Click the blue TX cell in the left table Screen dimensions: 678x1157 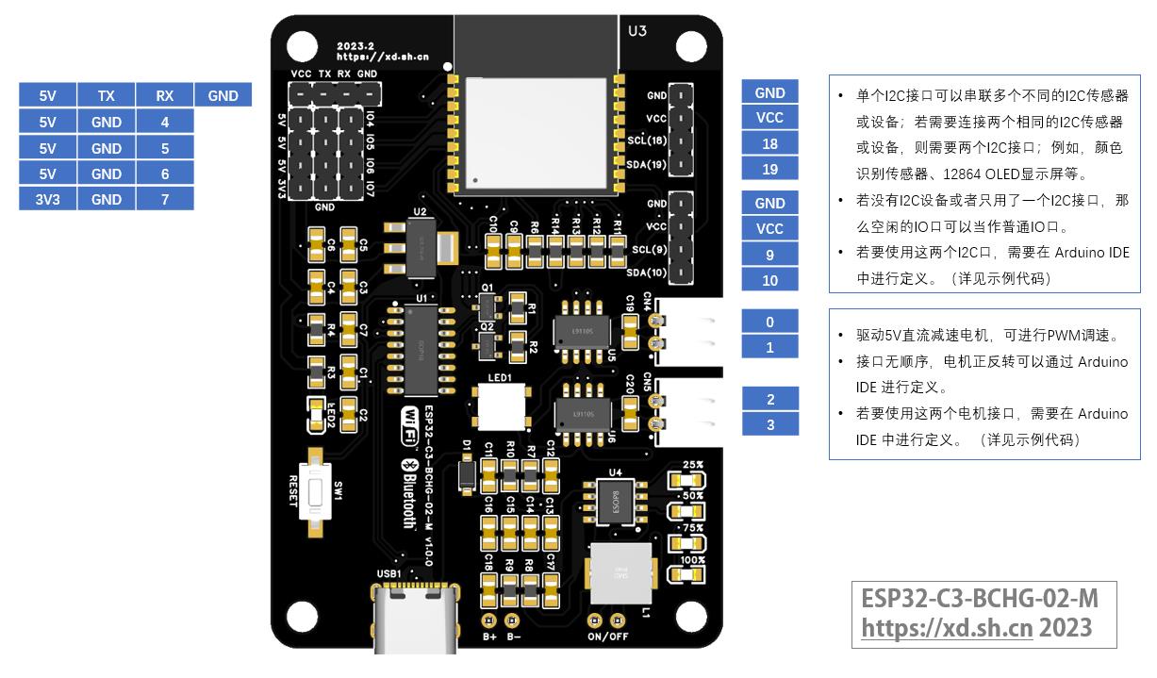pos(107,95)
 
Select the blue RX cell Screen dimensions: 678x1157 pos(165,95)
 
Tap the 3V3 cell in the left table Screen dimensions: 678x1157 pos(48,199)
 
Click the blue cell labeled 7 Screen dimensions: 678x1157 pos(165,199)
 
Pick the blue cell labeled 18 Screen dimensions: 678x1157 pos(770,143)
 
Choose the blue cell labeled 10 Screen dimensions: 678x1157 pos(770,280)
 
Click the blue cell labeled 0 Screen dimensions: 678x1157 pos(770,322)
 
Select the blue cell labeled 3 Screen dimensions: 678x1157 pos(770,424)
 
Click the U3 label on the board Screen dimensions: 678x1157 pos(637,31)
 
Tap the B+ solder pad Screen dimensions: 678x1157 pos(489,621)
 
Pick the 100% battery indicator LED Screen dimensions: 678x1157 pos(692,572)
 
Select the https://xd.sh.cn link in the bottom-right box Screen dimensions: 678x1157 pos(948,628)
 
